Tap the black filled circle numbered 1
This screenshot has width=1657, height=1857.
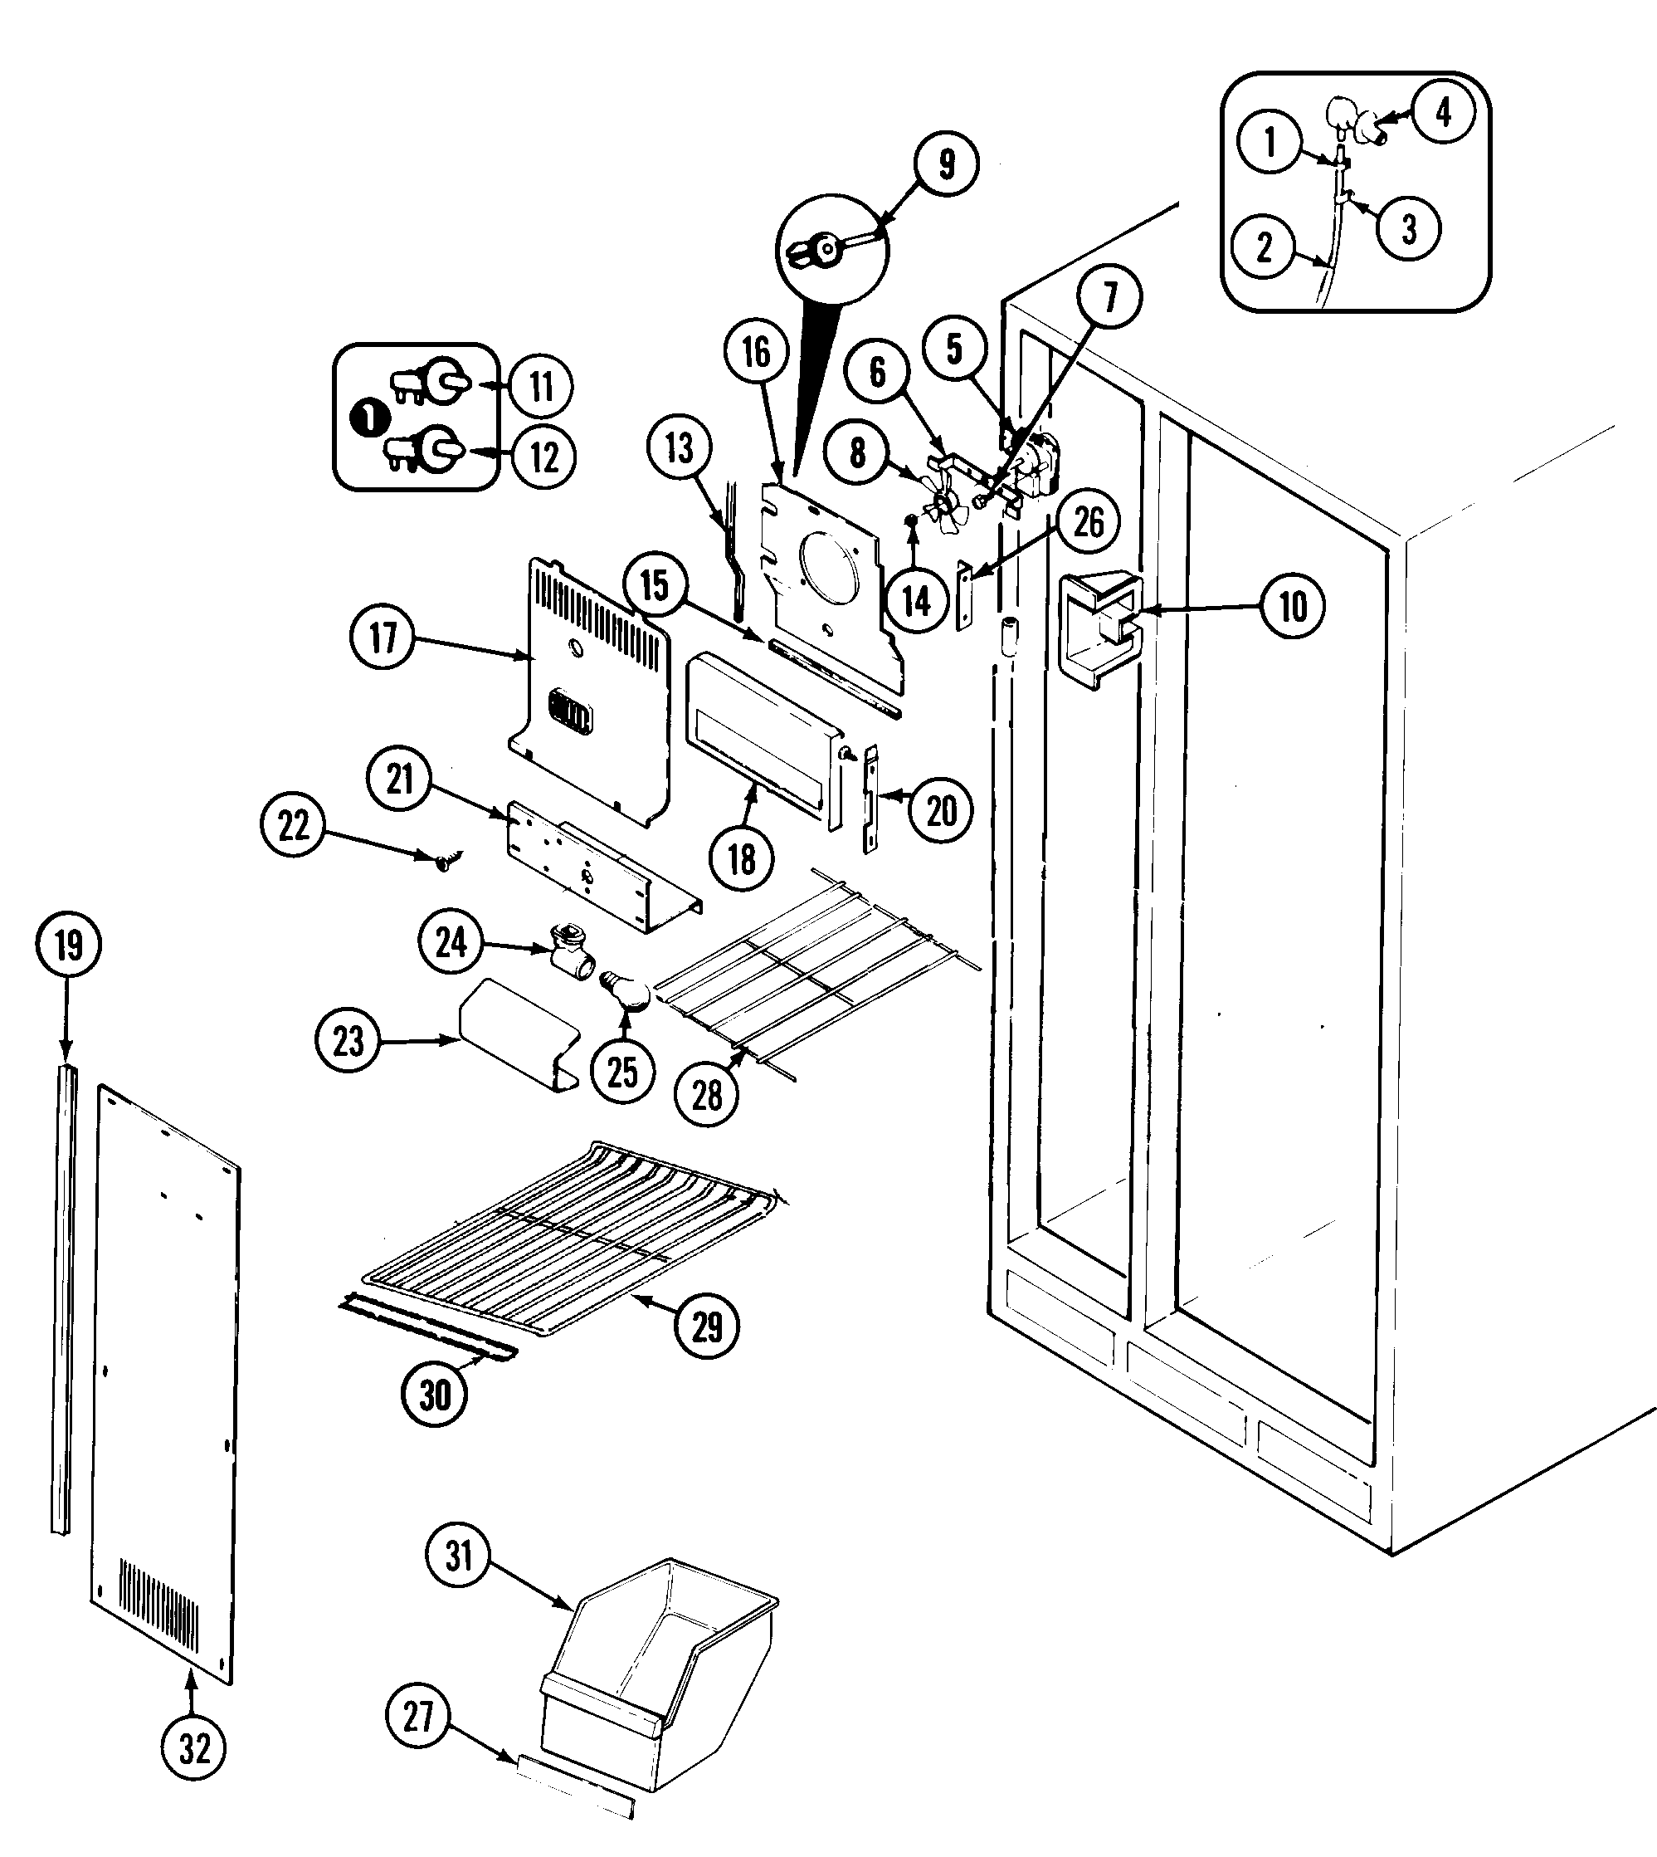click(x=371, y=419)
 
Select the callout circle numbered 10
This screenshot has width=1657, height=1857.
click(x=1293, y=607)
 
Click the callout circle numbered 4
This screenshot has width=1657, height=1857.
click(x=1442, y=113)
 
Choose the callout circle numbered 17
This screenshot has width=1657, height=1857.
click(x=383, y=638)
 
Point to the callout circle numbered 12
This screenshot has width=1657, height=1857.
click(x=543, y=457)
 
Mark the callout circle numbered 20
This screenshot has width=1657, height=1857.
click(x=942, y=809)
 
